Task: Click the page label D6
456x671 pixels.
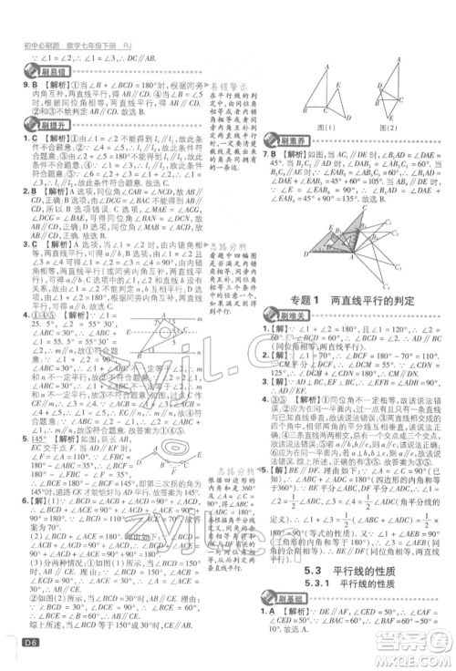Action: pyautogui.click(x=17, y=649)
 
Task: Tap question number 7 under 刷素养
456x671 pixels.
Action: pyautogui.click(x=264, y=155)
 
